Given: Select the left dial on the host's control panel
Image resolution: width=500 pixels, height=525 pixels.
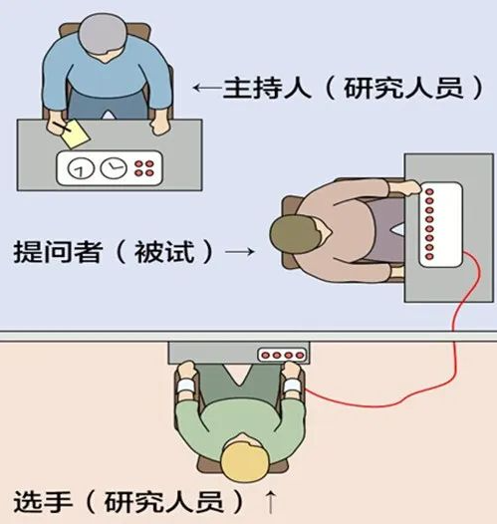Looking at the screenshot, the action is click(x=81, y=167).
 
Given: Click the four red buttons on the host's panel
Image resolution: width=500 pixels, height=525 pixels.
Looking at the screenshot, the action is click(x=143, y=168).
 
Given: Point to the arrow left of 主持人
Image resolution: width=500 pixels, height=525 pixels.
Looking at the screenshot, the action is click(x=208, y=88).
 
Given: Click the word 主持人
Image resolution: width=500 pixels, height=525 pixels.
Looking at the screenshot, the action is click(x=267, y=88).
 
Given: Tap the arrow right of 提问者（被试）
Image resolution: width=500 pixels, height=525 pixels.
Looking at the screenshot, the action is click(x=240, y=251).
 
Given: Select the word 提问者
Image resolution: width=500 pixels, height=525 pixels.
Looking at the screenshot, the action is click(x=57, y=251).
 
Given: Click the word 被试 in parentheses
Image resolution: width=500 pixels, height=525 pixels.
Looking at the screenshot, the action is click(x=164, y=251).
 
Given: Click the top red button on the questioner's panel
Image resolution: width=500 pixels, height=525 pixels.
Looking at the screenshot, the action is click(x=429, y=192).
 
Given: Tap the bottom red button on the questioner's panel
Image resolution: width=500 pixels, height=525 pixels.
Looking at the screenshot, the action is click(x=429, y=256).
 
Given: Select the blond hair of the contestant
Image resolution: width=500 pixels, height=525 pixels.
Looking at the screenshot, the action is click(x=245, y=457).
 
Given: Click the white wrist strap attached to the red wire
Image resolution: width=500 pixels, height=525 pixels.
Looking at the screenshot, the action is click(x=292, y=386).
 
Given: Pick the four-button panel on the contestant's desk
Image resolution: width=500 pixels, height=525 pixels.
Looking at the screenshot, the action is click(x=282, y=355).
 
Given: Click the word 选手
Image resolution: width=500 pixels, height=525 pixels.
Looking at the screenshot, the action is click(x=43, y=502).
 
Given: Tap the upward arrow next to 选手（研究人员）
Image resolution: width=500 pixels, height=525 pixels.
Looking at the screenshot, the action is click(x=270, y=502).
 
